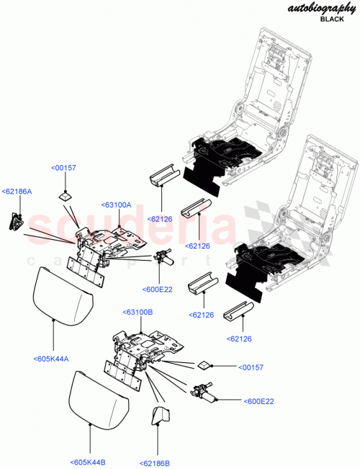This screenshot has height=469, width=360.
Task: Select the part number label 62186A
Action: coord(17,191)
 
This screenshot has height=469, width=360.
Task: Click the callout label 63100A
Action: coord(116,205)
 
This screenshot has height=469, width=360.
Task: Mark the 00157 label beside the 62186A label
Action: coord(63,168)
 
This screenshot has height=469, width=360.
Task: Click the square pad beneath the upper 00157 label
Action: coord(66,194)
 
